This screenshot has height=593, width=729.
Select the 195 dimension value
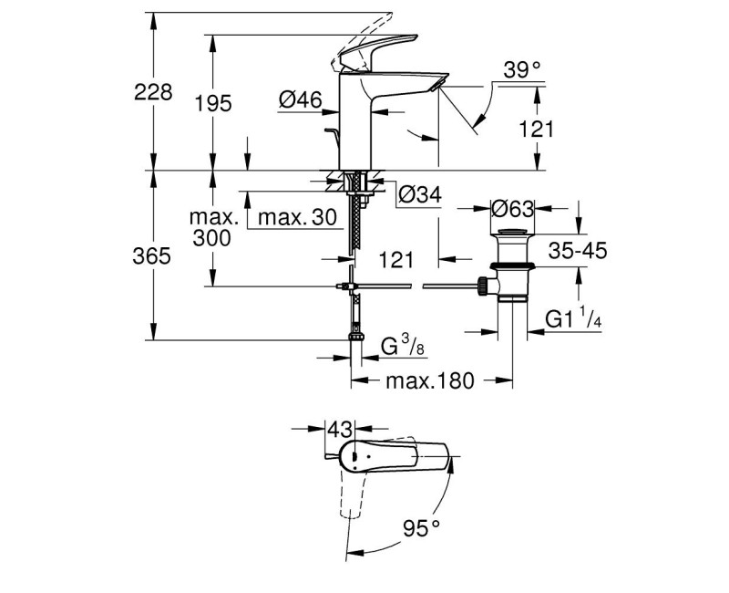[213, 103]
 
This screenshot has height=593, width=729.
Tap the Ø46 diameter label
[301, 102]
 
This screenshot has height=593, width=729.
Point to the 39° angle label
[522, 68]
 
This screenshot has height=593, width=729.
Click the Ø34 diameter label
[420, 193]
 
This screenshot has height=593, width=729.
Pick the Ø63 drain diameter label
[511, 209]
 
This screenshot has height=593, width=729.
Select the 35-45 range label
[579, 252]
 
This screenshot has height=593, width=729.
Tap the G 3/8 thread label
[401, 347]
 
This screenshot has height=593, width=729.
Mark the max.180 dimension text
[430, 381]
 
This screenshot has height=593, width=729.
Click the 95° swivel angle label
[421, 527]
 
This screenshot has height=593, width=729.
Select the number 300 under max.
[212, 238]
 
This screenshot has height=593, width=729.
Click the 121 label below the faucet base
[395, 260]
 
